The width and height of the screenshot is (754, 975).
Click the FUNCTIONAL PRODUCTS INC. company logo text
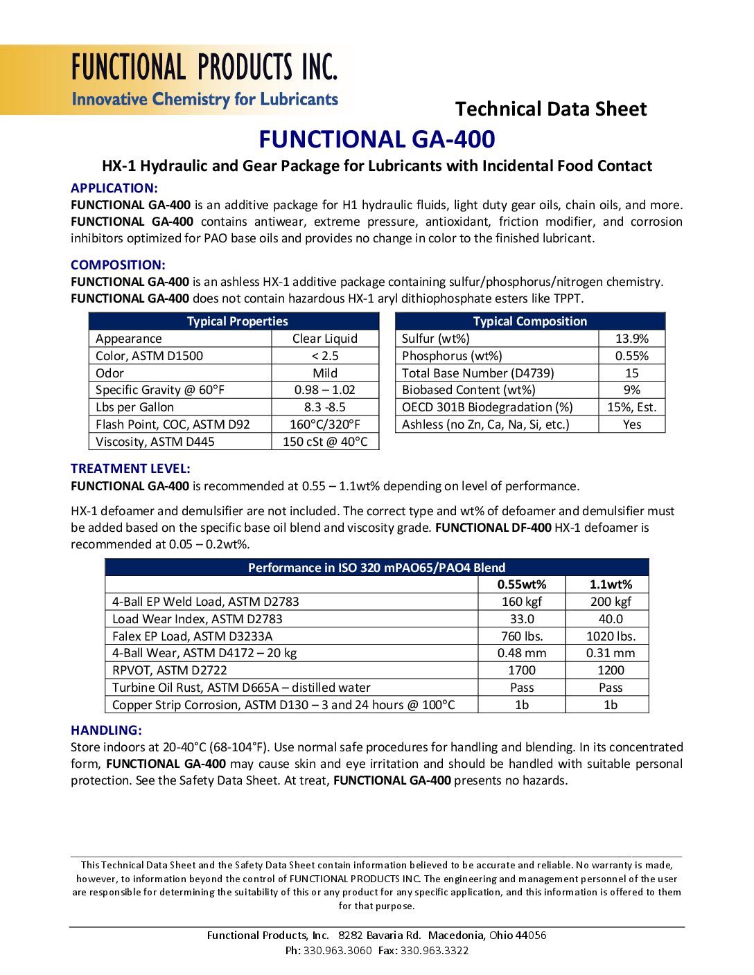[x=204, y=67]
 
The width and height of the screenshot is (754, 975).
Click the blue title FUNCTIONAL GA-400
[x=377, y=139]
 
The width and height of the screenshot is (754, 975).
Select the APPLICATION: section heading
[x=114, y=188]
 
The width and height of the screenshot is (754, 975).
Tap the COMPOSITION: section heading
[x=118, y=265]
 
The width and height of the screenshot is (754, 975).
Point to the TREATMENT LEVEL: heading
[x=130, y=468]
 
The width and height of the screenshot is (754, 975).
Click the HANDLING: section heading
[x=106, y=730]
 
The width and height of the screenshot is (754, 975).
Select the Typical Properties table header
[x=237, y=321]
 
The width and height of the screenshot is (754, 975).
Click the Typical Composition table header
[x=529, y=321]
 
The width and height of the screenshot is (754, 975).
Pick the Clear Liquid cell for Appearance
[x=325, y=339]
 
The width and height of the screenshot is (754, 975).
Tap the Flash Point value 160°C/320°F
[x=325, y=424]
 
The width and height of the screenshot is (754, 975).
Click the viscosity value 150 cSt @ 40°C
[x=325, y=442]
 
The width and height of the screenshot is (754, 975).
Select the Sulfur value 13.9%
[x=631, y=339]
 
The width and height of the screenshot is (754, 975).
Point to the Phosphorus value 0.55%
[x=631, y=356]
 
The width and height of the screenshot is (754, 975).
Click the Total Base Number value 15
[x=631, y=373]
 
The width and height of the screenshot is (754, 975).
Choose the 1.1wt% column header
[x=610, y=584]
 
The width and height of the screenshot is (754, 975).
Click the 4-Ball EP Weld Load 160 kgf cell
[x=521, y=602]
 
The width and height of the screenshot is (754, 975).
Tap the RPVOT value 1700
[x=521, y=670]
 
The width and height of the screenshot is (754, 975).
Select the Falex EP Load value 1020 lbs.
[x=610, y=636]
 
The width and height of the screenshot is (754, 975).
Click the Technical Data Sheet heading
[x=550, y=109]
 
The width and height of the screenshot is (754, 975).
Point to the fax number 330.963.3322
[x=435, y=951]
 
